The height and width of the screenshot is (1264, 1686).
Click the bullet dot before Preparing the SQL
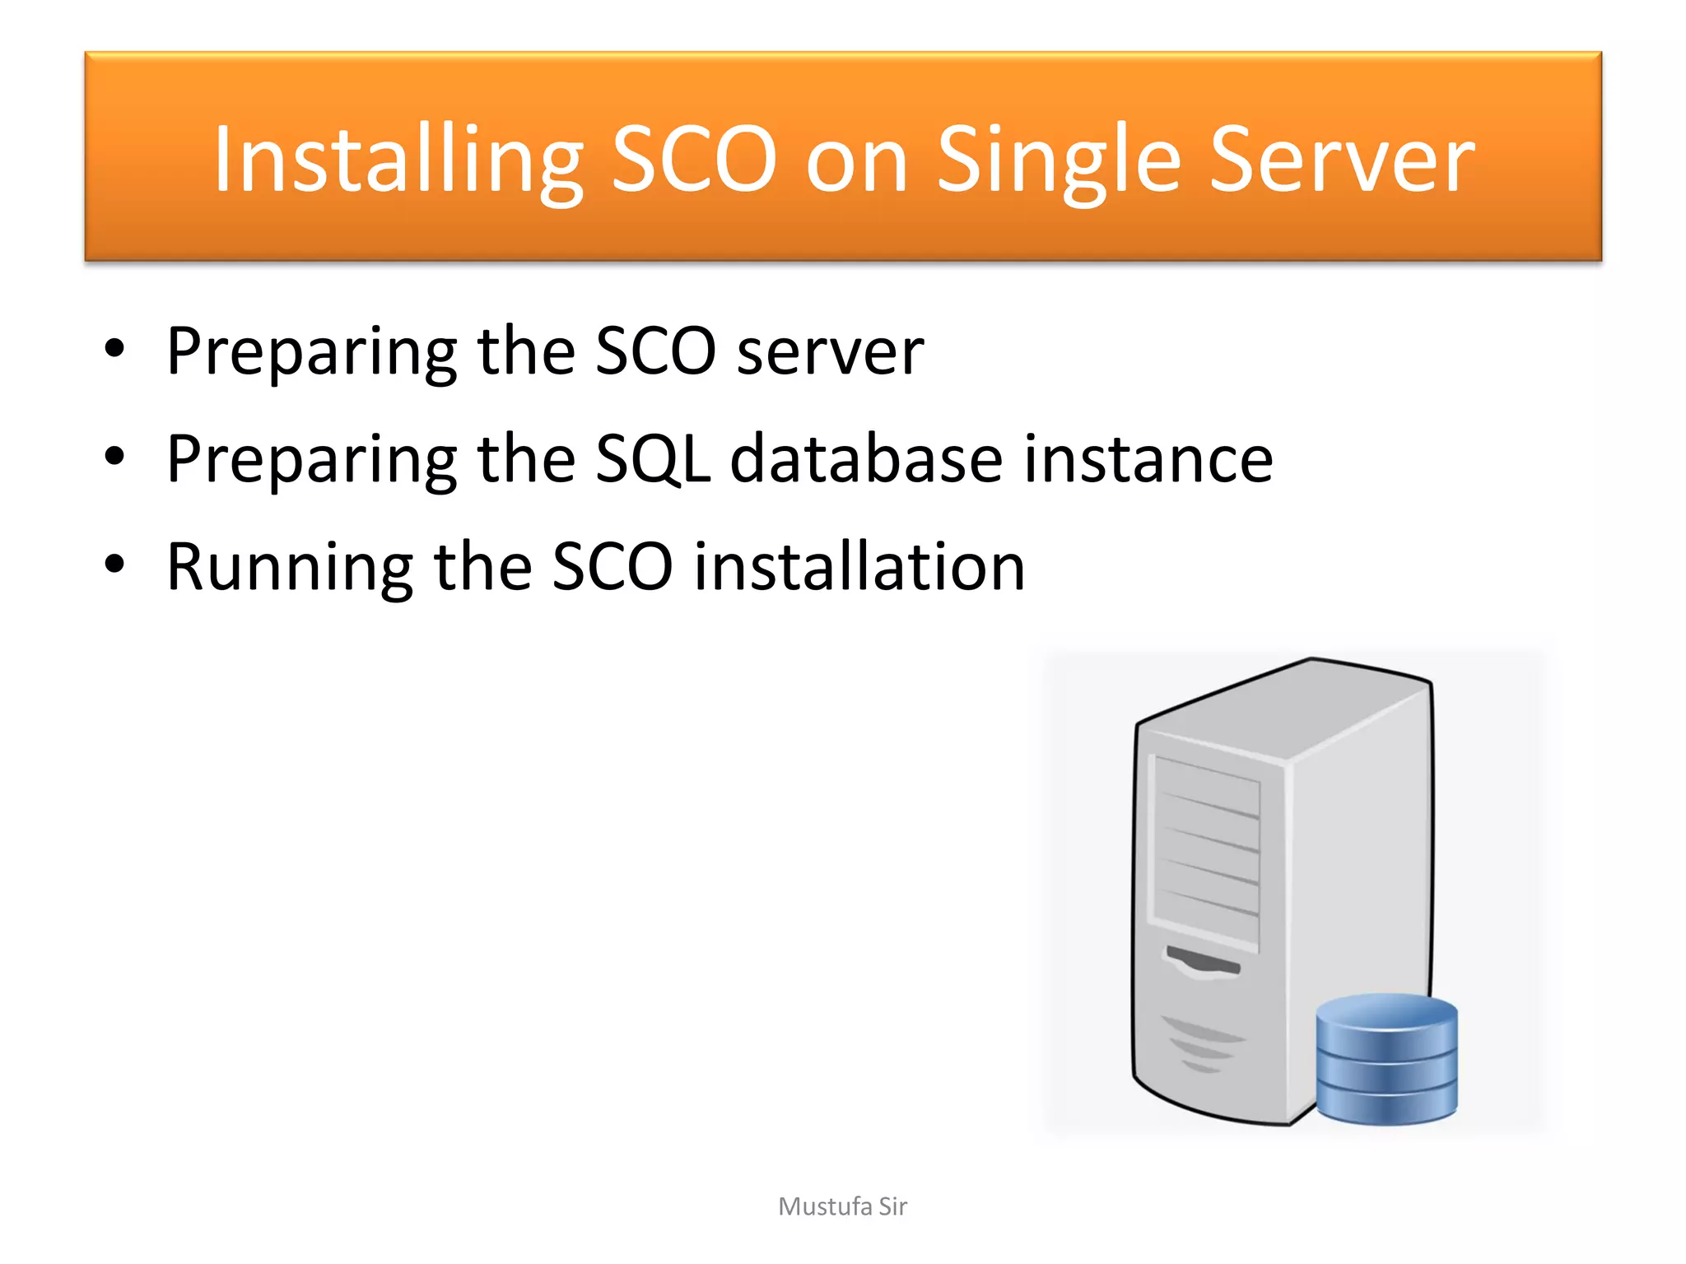click(114, 456)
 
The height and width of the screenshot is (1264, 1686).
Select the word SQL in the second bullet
click(653, 458)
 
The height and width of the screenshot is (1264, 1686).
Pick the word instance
click(1148, 458)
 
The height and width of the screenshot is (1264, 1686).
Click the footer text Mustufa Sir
click(842, 1206)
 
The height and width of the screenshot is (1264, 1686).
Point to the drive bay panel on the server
click(1207, 852)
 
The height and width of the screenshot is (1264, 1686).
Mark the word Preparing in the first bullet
click(311, 351)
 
